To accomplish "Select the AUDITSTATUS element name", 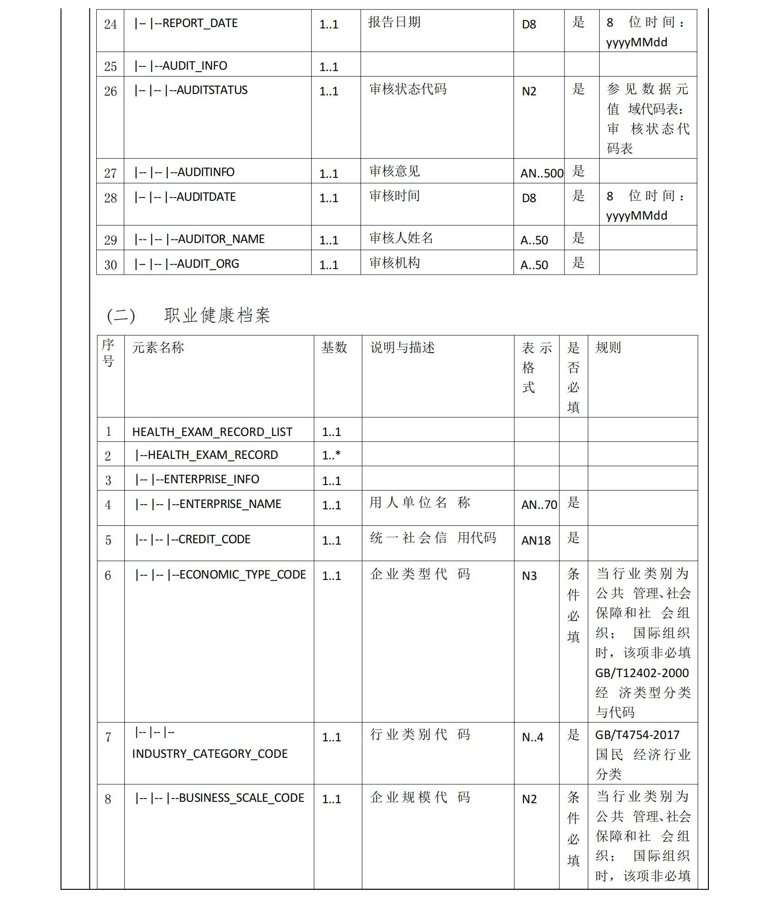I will [212, 90].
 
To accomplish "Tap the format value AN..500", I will [542, 173].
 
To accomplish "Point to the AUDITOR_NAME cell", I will [221, 239].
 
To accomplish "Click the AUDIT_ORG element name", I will [208, 264].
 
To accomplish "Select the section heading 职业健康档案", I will [217, 315].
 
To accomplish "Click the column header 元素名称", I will [158, 347].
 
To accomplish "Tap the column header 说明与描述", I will [402, 347].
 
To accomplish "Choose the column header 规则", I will [608, 347].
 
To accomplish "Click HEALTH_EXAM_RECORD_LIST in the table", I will [212, 432].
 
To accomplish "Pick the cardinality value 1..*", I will [331, 455].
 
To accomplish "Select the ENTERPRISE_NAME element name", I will [230, 504].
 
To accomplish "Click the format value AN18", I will [536, 541].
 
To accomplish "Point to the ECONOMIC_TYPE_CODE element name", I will [242, 575].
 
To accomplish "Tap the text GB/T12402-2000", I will [642, 673].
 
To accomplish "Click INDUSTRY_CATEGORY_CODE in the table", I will [210, 754].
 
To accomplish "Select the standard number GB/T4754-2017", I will [637, 735].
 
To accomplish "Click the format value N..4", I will [532, 737].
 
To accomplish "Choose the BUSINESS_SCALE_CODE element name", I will [241, 798].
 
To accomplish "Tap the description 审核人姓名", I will [401, 238].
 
